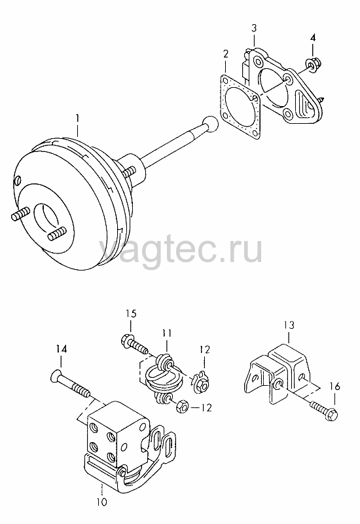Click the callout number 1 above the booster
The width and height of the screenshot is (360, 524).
[x=77, y=119]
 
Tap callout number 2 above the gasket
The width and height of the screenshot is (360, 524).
[x=226, y=54]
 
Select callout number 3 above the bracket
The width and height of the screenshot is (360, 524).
[x=254, y=28]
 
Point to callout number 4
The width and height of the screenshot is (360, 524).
[x=313, y=38]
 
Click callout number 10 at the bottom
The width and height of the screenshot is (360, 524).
[x=103, y=502]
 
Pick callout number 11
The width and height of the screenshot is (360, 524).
[x=167, y=333]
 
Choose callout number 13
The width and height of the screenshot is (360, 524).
[x=289, y=325]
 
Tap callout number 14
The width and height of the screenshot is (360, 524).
[x=62, y=349]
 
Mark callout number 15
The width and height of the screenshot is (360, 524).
[x=131, y=314]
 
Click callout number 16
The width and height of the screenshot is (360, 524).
[x=334, y=386]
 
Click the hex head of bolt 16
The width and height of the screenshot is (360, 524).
[x=333, y=415]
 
